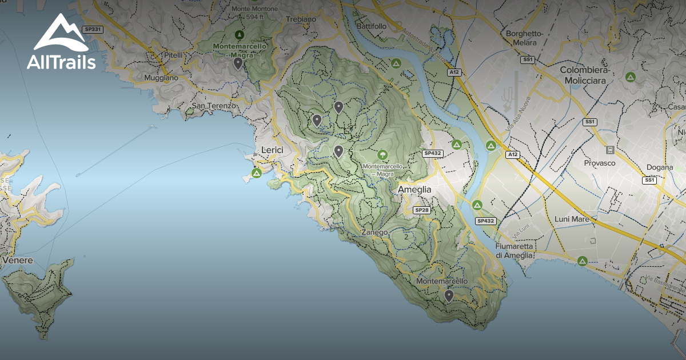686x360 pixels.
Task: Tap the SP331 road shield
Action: pyautogui.click(x=92, y=29)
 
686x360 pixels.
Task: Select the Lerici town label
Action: pyautogui.click(x=272, y=150)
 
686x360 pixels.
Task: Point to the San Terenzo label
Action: pyautogui.click(x=213, y=106)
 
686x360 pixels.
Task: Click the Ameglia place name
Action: pyautogui.click(x=414, y=190)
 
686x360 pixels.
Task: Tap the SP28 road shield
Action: pyautogui.click(x=422, y=210)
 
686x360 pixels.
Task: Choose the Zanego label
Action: pyautogui.click(x=374, y=233)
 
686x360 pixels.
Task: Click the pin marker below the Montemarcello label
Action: pyautogui.click(x=449, y=295)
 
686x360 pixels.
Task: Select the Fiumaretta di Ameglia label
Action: pyautogui.click(x=514, y=250)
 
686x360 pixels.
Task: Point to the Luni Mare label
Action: pyautogui.click(x=572, y=219)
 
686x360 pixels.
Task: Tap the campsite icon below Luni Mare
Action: pyautogui.click(x=582, y=261)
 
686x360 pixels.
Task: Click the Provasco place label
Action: pyautogui.click(x=599, y=163)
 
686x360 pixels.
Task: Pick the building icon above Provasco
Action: pyautogui.click(x=610, y=150)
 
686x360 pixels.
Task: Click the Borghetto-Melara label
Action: pyautogui.click(x=524, y=38)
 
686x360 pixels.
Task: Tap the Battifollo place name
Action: pyautogui.click(x=371, y=26)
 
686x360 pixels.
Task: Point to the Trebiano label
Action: pyautogui.click(x=301, y=19)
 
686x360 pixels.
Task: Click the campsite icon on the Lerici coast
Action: pyautogui.click(x=257, y=172)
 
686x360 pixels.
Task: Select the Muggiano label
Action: pyautogui.click(x=161, y=77)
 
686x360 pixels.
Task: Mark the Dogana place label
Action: pyautogui.click(x=660, y=167)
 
